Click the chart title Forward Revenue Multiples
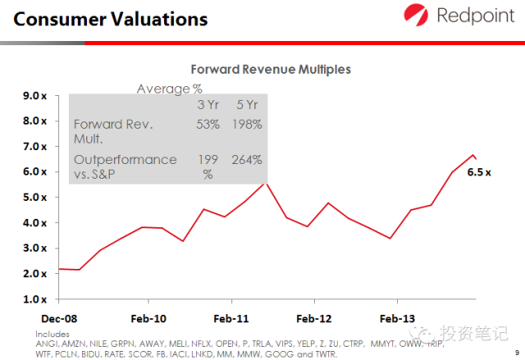tap(271, 70)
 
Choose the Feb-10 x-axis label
tap(148, 318)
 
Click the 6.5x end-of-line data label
tap(478, 173)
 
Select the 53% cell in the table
tap(208, 125)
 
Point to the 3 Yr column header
tap(208, 104)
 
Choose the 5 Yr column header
tap(248, 104)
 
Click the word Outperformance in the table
tap(125, 159)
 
